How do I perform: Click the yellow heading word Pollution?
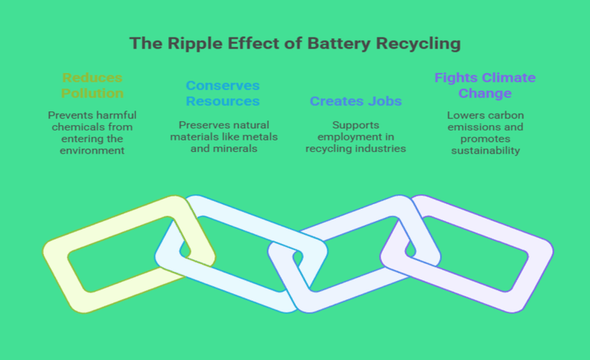click(x=92, y=94)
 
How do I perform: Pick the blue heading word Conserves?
click(x=223, y=85)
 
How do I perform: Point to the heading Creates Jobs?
click(x=356, y=101)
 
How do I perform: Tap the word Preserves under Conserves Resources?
click(x=202, y=125)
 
